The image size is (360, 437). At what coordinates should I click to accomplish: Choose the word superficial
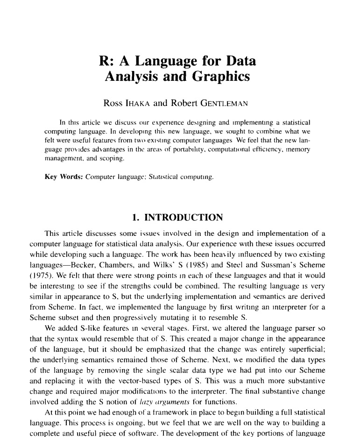[305, 357]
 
